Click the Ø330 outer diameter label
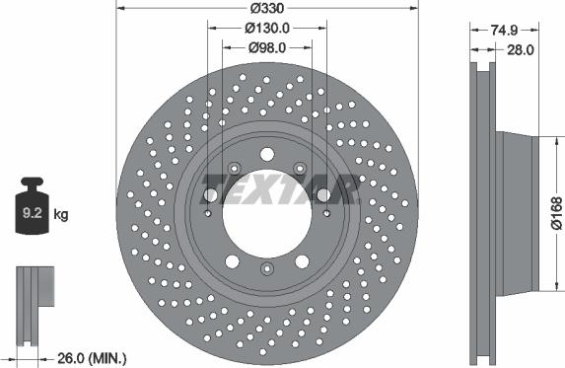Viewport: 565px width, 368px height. coord(267,7)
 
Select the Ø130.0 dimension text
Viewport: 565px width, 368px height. coord(267,28)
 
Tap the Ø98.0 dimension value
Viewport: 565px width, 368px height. coord(267,46)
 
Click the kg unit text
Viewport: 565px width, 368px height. coord(60,213)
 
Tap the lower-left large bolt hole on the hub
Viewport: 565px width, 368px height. coord(230,260)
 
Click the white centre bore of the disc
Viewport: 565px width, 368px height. coord(267,211)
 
